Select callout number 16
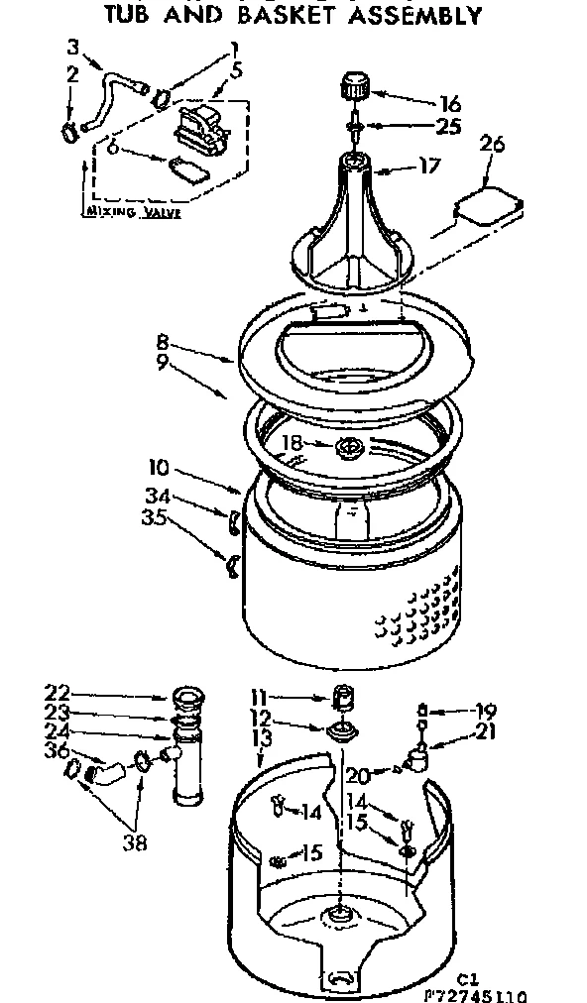(x=450, y=102)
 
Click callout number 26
(x=492, y=145)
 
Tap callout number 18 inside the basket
(x=292, y=443)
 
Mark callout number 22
(x=58, y=693)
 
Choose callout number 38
(x=135, y=842)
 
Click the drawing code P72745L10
(x=479, y=994)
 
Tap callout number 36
(x=58, y=751)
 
